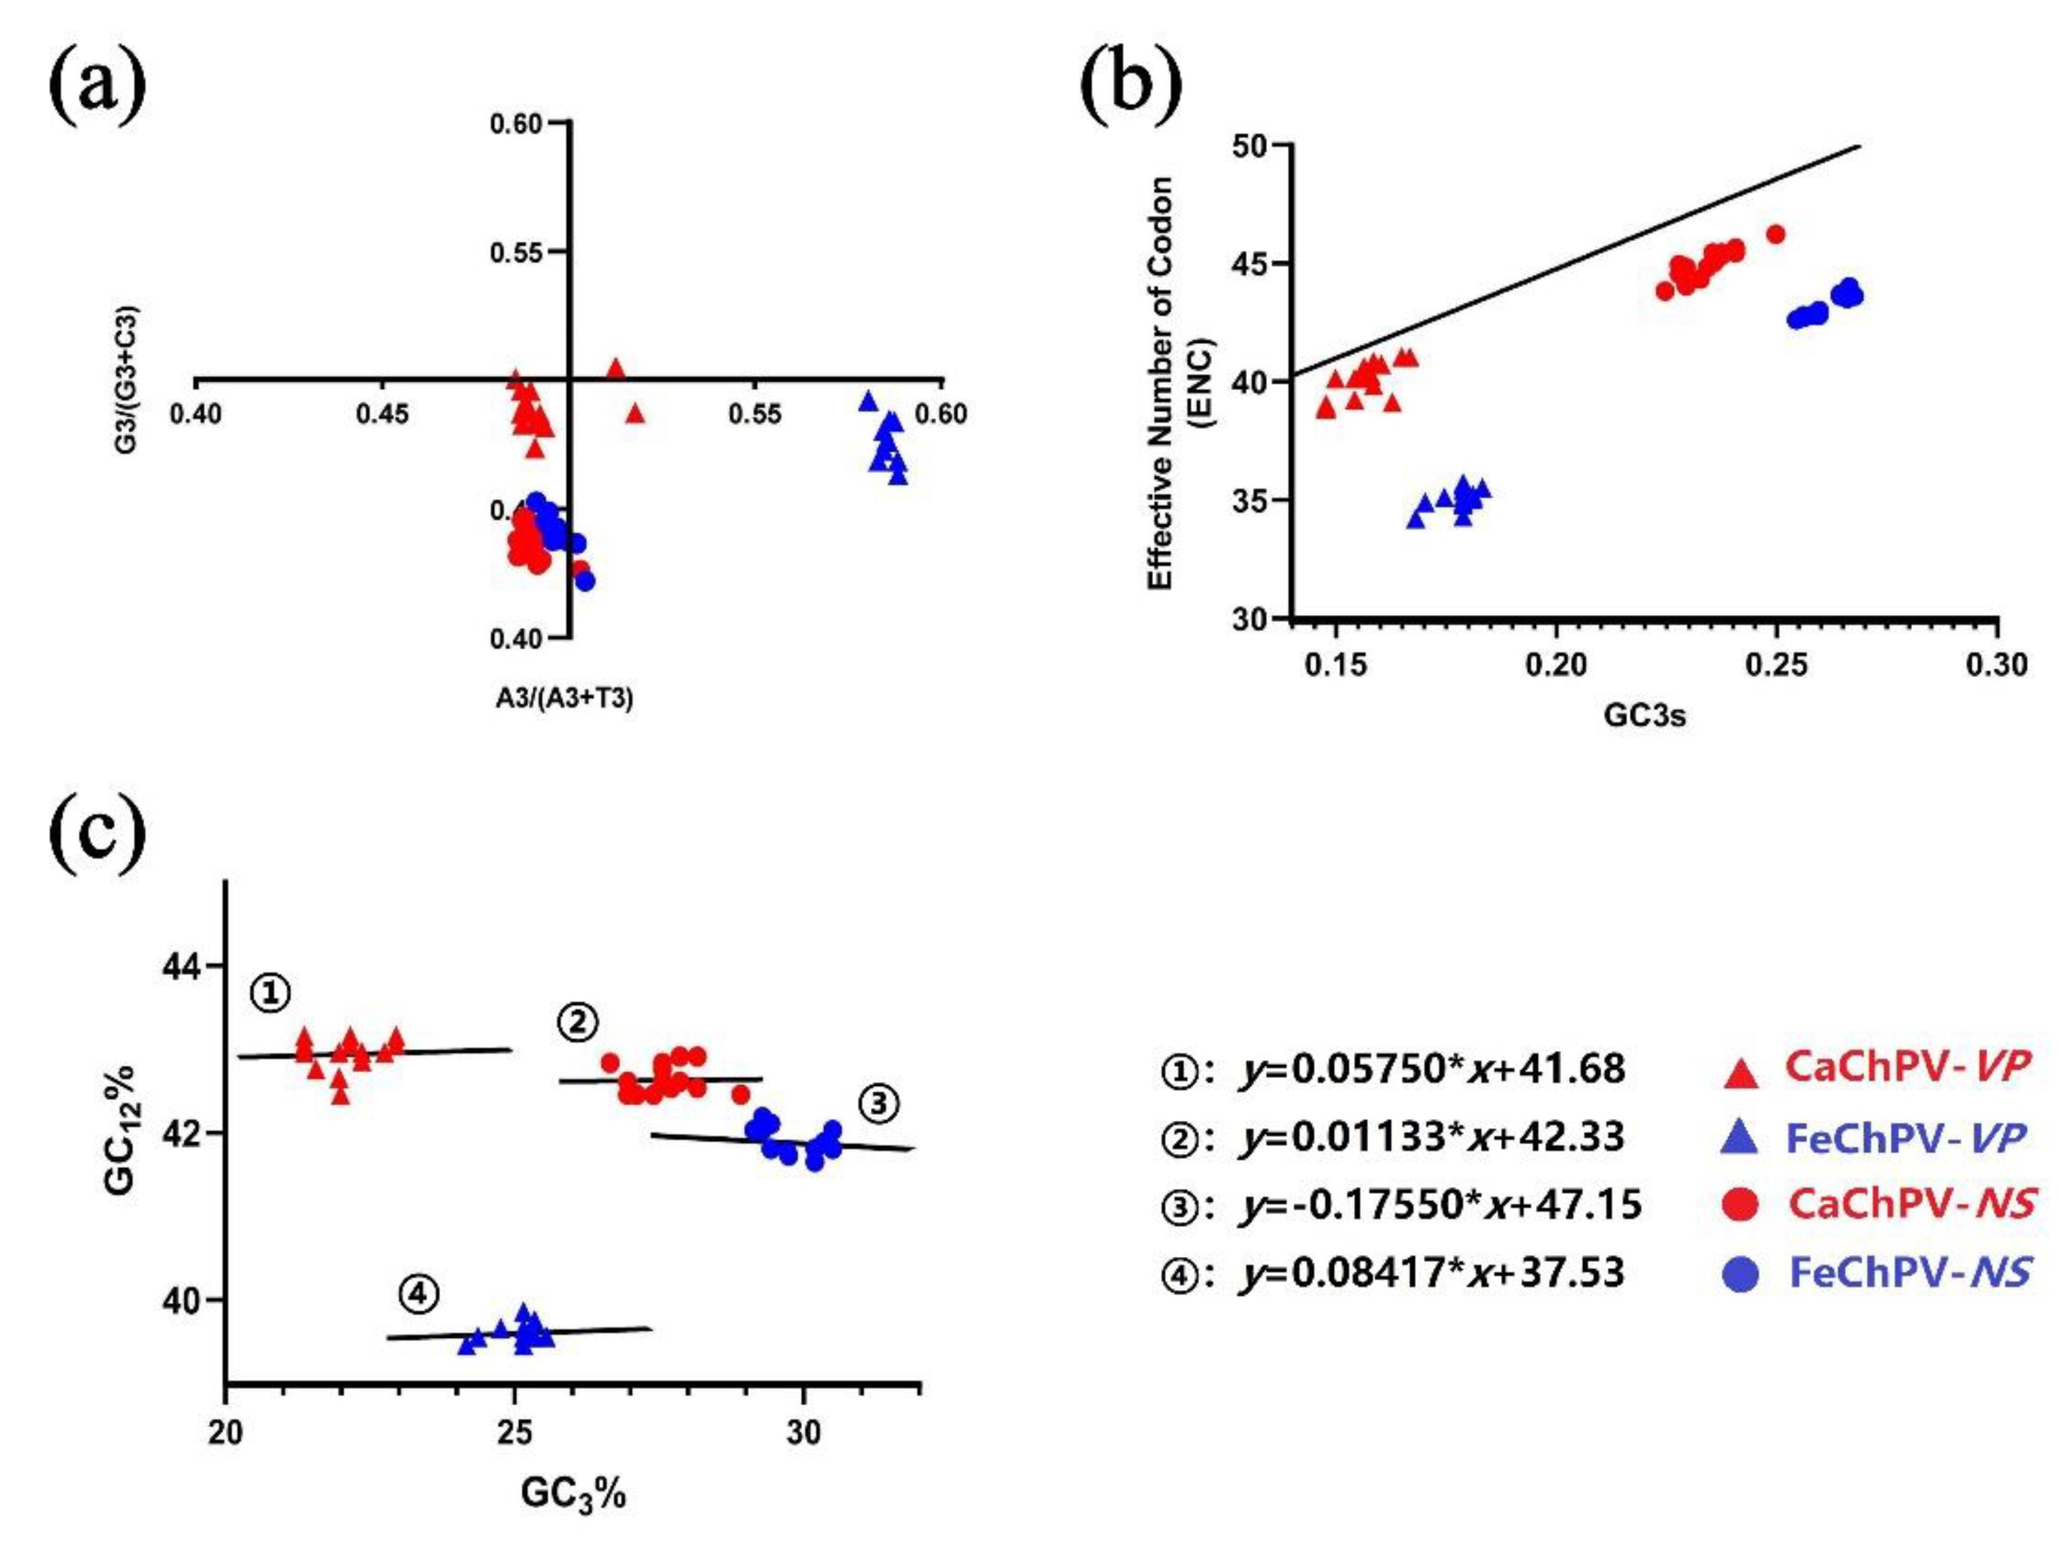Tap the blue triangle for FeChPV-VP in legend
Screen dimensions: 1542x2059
pos(1741,1137)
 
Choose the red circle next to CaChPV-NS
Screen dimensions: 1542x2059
pos(1742,1205)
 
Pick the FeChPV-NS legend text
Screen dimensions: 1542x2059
pos(1909,1272)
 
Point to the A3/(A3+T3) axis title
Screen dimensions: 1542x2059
pos(564,698)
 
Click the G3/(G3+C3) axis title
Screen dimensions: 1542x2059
pos(127,380)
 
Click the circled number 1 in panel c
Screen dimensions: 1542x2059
pos(270,994)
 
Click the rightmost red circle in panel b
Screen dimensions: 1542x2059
pos(1775,234)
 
